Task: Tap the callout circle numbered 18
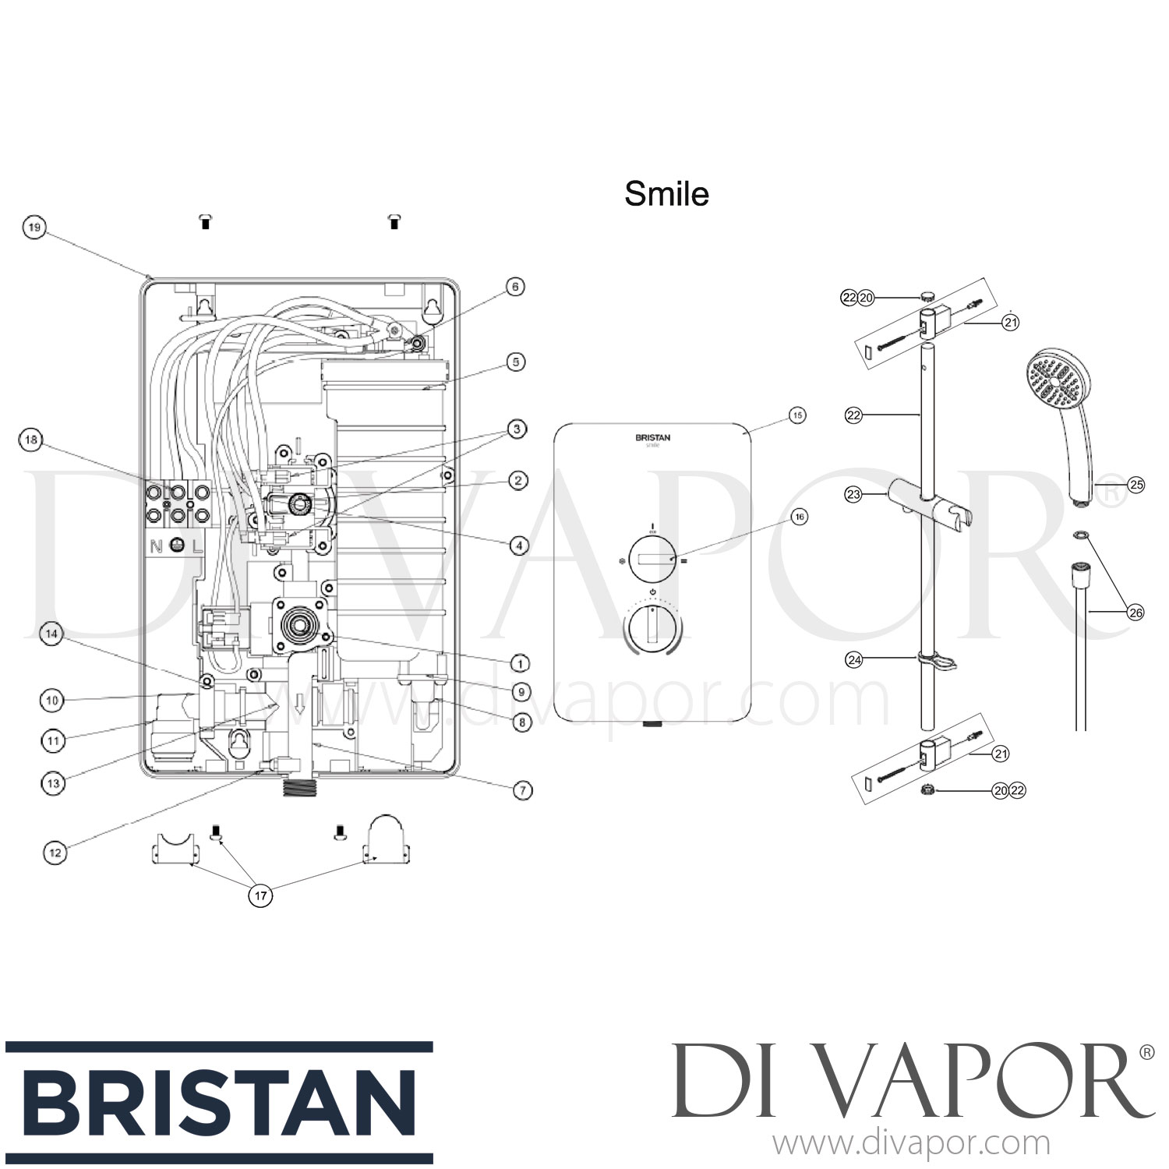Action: click(x=30, y=441)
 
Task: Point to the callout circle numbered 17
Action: click(x=261, y=896)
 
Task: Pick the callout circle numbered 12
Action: click(x=54, y=853)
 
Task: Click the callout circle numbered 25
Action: click(x=1136, y=485)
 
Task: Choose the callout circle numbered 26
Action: click(x=1136, y=613)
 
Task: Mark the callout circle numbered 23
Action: click(x=854, y=494)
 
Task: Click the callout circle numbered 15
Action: click(x=797, y=415)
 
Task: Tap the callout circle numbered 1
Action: click(x=520, y=664)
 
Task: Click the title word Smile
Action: click(x=666, y=194)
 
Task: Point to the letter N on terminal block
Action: click(x=157, y=546)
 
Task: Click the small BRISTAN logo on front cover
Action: click(x=652, y=438)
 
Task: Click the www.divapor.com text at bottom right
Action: click(x=910, y=1144)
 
